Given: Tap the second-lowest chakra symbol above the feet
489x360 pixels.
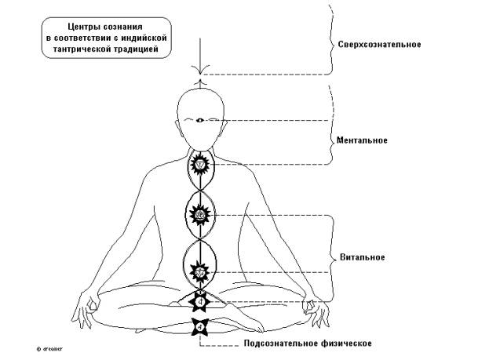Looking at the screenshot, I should tap(201, 299).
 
